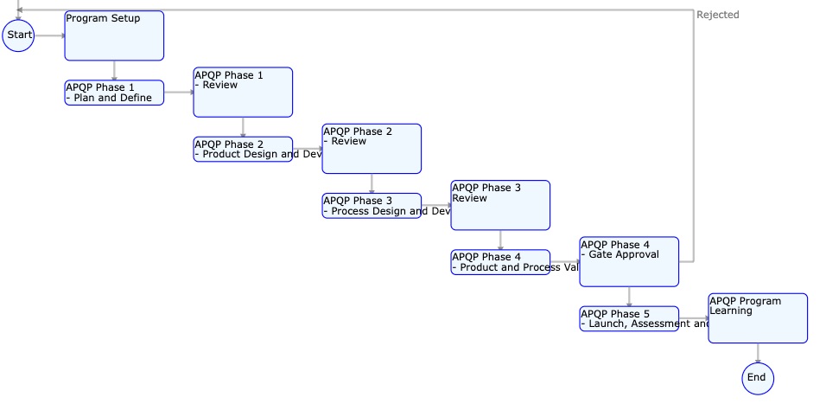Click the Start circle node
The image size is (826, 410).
point(18,35)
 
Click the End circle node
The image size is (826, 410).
point(757,378)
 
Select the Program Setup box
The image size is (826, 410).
point(114,35)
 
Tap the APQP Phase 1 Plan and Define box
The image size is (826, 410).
point(114,93)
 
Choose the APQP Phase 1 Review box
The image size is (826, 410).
point(243,92)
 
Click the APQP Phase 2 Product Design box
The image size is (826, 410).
point(243,149)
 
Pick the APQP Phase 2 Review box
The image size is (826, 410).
point(372,149)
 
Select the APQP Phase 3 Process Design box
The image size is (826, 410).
point(372,206)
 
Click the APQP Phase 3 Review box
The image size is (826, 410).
point(500,205)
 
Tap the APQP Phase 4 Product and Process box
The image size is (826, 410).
point(500,262)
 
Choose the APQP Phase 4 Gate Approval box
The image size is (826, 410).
point(629,261)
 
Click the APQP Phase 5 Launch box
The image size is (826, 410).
point(629,318)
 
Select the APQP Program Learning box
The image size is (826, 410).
point(758,318)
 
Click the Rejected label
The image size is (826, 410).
point(717,15)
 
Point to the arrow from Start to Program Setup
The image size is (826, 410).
point(49,35)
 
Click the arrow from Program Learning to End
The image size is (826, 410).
point(758,353)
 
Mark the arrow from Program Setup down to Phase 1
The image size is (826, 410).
point(114,70)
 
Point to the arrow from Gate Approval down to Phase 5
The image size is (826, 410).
point(629,296)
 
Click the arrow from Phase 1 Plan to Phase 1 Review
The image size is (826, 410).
point(178,92)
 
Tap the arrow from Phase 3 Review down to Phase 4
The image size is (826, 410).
point(500,240)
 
